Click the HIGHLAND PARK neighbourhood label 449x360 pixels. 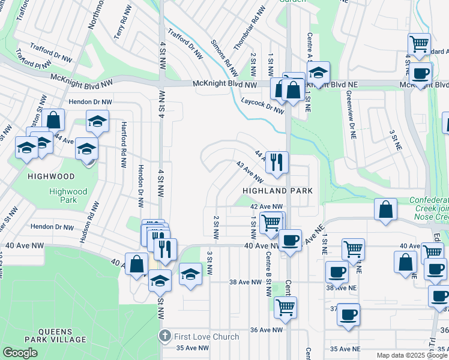pos(277,190)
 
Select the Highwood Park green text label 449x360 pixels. pos(68,196)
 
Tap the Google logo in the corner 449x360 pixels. pos(20,353)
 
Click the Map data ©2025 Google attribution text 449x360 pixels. pos(412,355)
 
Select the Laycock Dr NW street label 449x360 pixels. pos(262,106)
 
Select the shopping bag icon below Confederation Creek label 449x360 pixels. pos(387,209)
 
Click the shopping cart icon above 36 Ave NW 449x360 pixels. pos(285,307)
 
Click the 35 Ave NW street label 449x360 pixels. pos(193,348)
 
